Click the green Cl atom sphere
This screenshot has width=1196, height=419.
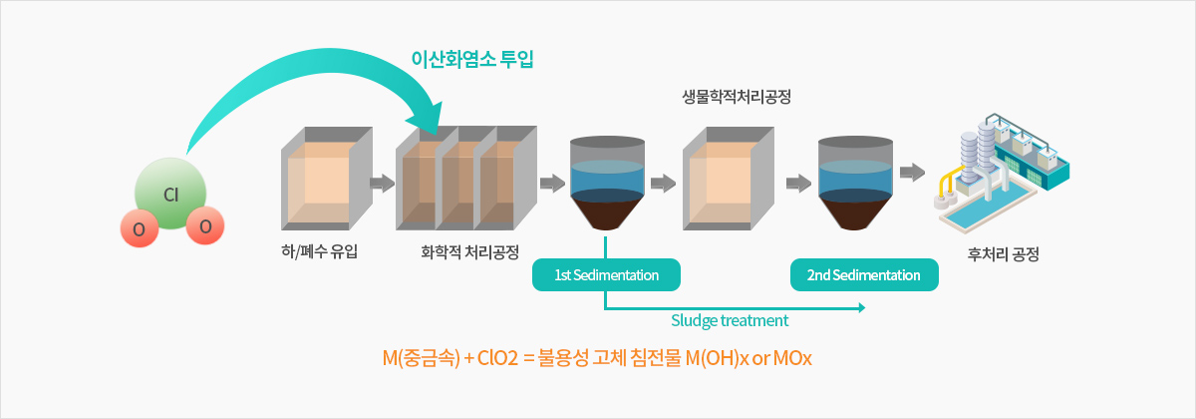pos(170,193)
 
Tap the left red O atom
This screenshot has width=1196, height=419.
pos(140,228)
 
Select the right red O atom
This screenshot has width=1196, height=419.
pos(205,225)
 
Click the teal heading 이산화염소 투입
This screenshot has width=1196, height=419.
pos(472,59)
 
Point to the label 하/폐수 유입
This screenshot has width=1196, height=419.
pos(319,251)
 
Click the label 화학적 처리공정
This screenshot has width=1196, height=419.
pos(469,251)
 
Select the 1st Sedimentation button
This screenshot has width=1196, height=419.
pos(606,274)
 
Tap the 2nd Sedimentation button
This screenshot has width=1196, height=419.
pos(864,274)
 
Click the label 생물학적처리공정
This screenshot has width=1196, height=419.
pos(737,97)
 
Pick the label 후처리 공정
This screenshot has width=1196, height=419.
pos(1004,253)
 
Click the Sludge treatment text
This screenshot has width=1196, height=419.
pos(730,320)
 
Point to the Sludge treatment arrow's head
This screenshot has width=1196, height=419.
pos(864,307)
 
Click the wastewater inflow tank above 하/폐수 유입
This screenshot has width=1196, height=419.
pos(327,179)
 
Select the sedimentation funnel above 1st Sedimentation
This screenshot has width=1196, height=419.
pos(607,183)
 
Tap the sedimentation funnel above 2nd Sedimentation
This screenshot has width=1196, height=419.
pos(855,183)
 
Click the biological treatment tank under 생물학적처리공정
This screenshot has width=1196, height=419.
pos(729,179)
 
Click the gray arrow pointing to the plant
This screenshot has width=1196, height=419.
pos(913,172)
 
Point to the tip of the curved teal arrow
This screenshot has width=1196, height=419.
pos(437,135)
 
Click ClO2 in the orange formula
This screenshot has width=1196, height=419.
pos(497,358)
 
